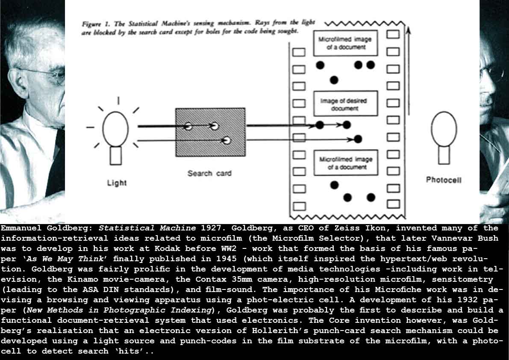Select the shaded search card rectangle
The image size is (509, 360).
tap(210, 132)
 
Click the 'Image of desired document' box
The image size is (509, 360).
tap(345, 103)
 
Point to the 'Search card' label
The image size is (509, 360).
tap(209, 173)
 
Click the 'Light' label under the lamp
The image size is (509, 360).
tap(117, 183)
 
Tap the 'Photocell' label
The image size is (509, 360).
tap(444, 180)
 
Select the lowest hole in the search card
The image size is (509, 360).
tap(227, 140)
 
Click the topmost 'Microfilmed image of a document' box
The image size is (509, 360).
tap(345, 43)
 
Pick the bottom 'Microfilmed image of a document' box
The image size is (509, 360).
tap(346, 162)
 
